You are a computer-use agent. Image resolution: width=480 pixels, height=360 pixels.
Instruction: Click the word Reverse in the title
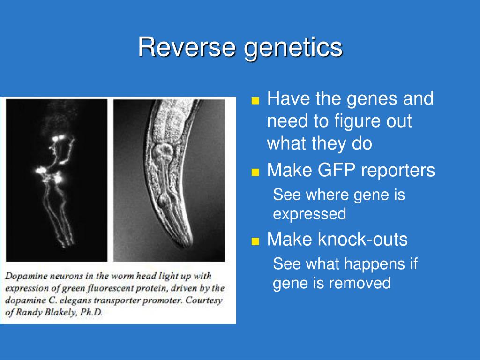pos(187,47)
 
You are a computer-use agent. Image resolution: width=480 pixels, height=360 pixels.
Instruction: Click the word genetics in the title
pos(293,49)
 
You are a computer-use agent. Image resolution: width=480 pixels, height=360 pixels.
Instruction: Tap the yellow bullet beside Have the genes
pos(255,101)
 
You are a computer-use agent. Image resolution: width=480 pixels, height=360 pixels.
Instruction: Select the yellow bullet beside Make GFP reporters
pos(255,172)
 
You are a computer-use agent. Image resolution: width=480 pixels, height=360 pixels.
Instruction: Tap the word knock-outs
pos(363,239)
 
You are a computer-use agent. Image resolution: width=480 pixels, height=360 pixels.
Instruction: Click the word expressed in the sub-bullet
pos(309,214)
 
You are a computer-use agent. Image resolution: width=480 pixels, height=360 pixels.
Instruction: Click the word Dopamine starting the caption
pos(26,277)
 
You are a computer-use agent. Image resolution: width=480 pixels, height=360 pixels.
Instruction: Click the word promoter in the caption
pos(161,301)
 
